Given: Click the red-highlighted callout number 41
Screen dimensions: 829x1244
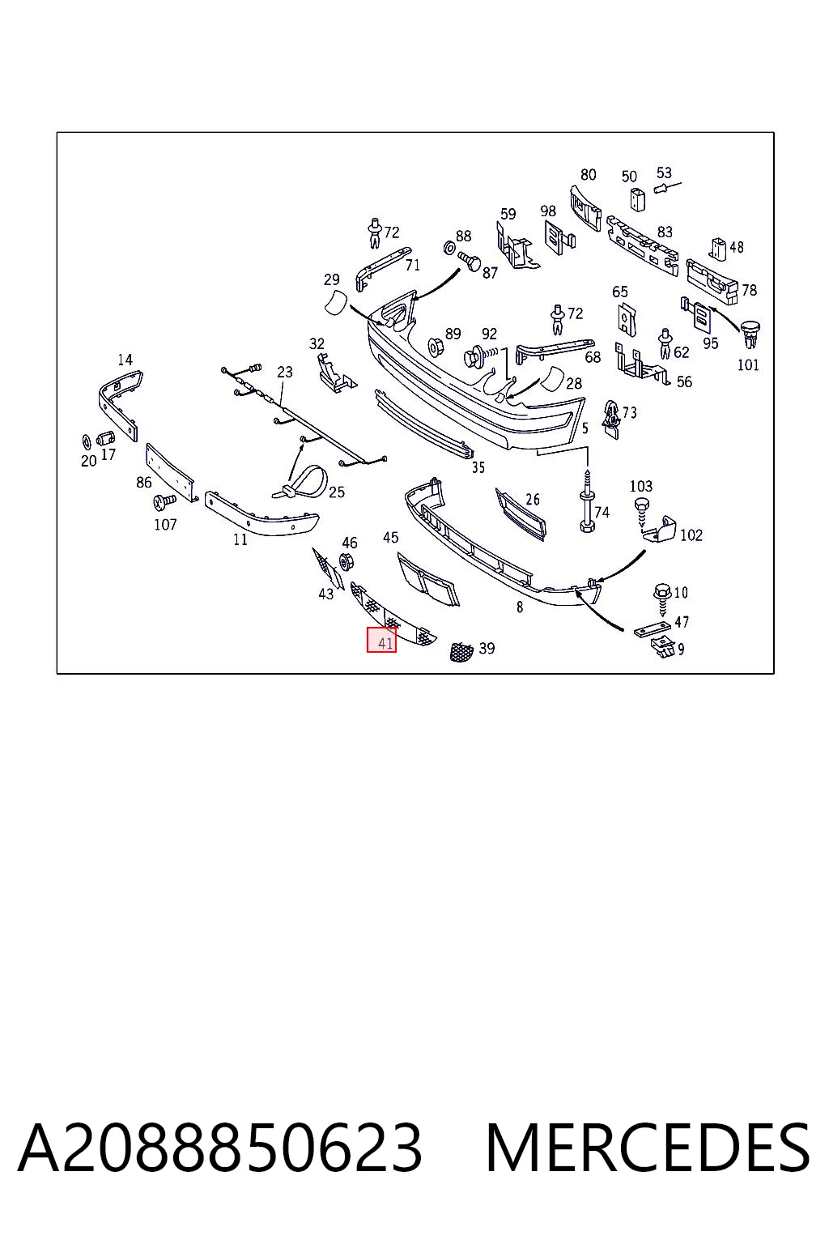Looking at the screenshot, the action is [x=385, y=644].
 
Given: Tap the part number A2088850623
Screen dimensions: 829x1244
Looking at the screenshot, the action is [x=220, y=1148].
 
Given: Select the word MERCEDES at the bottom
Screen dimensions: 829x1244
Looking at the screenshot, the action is [x=648, y=1148].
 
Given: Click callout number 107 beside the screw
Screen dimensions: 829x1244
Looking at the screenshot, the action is [x=165, y=524].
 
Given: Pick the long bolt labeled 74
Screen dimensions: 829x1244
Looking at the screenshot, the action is [x=587, y=501].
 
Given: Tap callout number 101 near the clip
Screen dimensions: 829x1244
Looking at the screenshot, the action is [x=747, y=365].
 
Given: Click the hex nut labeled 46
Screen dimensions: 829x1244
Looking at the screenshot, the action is [x=346, y=562].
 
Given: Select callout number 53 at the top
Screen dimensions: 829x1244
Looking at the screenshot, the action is [x=664, y=173].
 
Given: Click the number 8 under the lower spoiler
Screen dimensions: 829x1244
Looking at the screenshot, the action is [x=520, y=607].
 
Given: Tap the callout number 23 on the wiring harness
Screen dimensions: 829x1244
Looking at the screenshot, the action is [x=284, y=372].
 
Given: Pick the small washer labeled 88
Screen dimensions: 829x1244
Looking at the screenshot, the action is [x=449, y=248].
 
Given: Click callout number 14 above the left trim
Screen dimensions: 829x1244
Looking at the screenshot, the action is [x=125, y=360].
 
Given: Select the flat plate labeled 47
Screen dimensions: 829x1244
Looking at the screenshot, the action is [x=652, y=630].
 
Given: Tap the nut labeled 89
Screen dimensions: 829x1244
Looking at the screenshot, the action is [x=435, y=347].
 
